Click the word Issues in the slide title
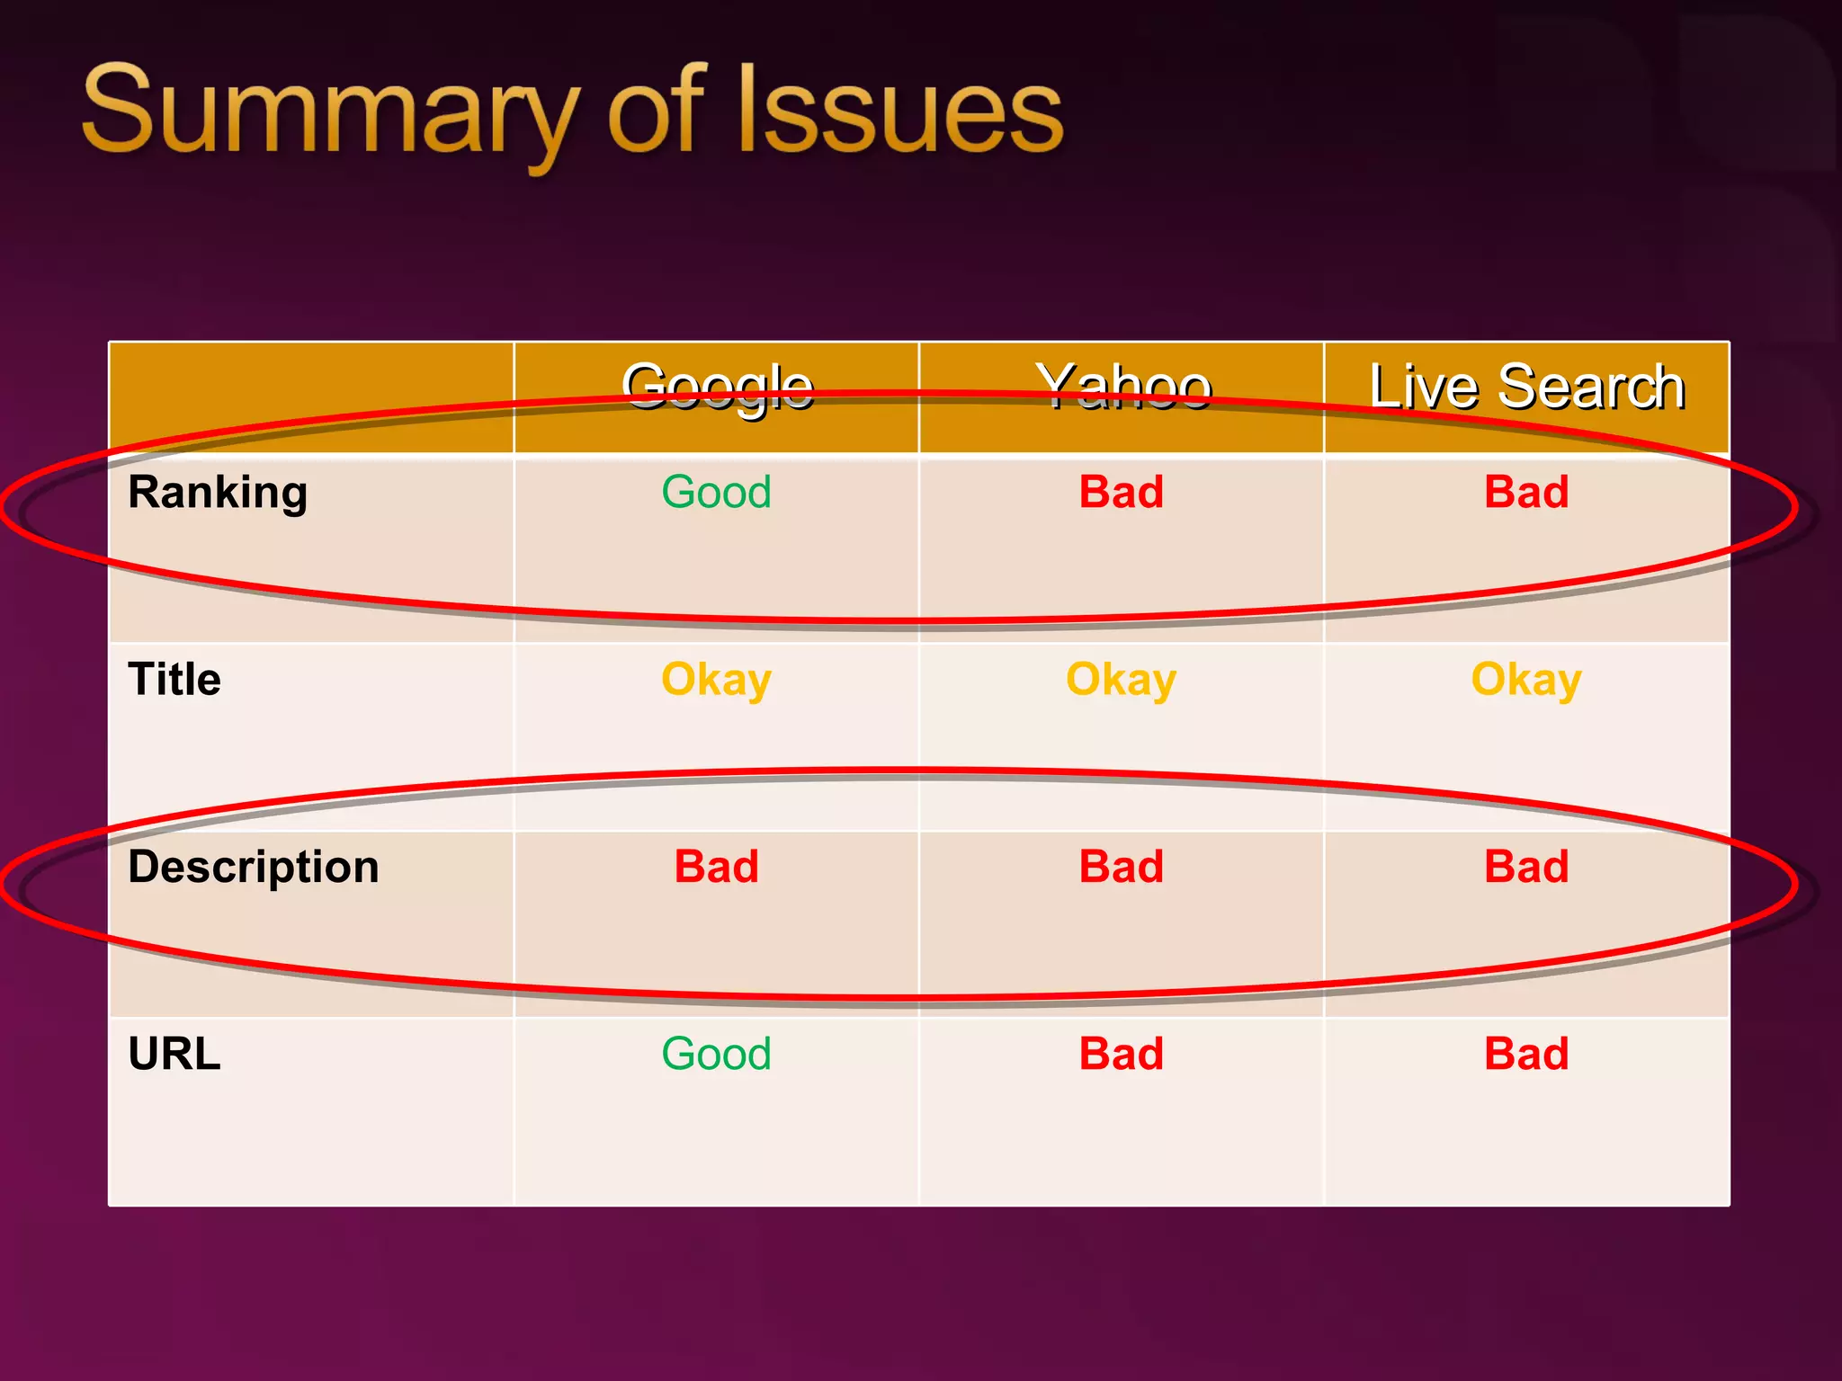[899, 112]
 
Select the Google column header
[717, 388]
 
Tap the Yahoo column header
[1122, 388]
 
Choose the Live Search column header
[1526, 388]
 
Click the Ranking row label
[218, 493]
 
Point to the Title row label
[174, 680]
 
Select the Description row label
[254, 867]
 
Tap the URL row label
[174, 1054]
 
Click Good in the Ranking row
[717, 493]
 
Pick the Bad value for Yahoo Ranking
[1122, 493]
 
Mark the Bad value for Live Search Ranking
[1526, 493]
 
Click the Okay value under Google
[717, 680]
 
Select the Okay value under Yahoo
[1122, 680]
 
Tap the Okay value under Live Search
[1526, 680]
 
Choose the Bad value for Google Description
[717, 867]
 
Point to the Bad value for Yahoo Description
[1122, 867]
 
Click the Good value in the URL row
[717, 1054]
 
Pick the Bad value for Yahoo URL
[1122, 1054]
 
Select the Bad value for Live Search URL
[1526, 1054]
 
